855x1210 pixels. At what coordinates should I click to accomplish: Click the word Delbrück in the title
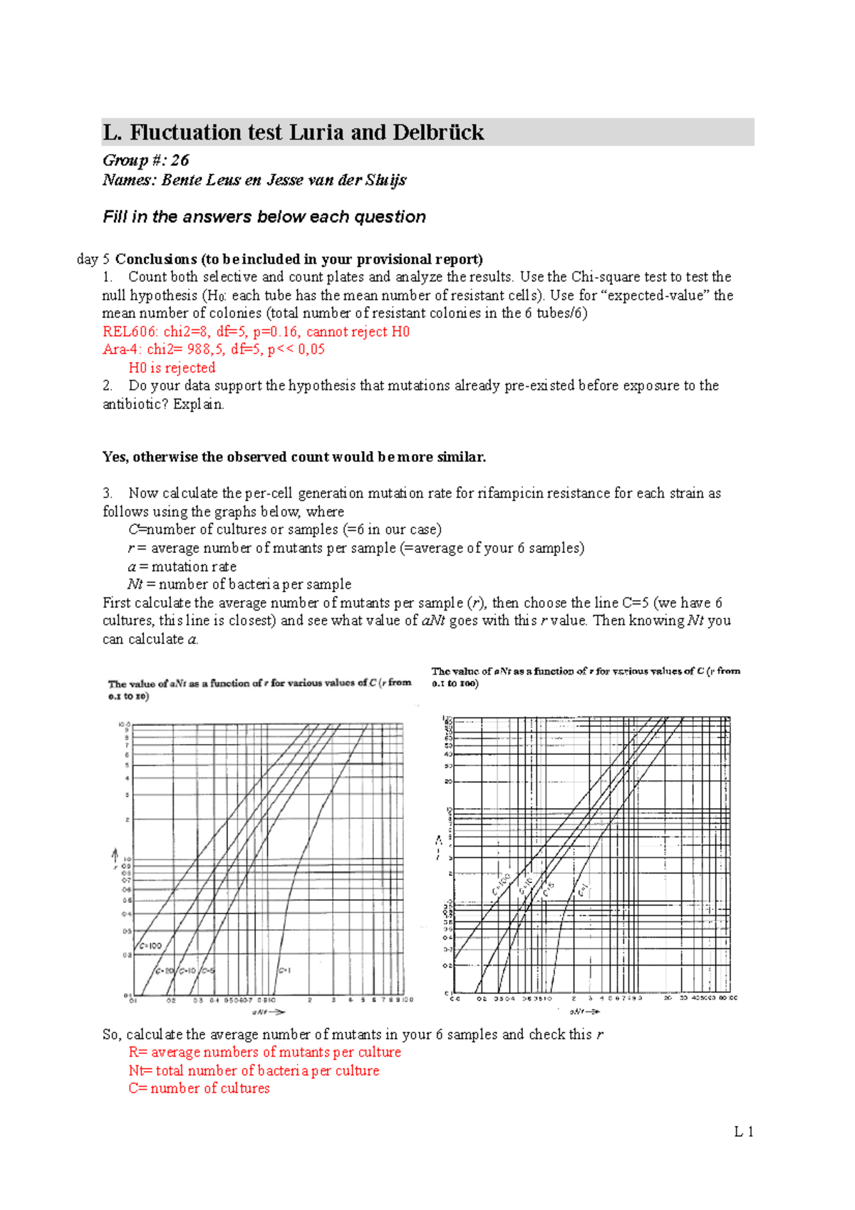click(x=437, y=133)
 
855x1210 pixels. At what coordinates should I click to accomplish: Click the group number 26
click(x=180, y=160)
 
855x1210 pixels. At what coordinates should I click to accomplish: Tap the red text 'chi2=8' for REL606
click(x=187, y=331)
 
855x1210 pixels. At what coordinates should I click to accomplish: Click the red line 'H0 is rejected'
click(x=172, y=368)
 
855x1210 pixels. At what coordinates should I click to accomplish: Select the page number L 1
click(x=744, y=1132)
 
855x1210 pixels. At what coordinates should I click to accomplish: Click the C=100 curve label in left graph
click(x=150, y=946)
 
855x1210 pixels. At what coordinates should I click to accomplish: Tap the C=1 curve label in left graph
click(x=284, y=970)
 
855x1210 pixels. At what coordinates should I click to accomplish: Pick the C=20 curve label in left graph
click(x=165, y=971)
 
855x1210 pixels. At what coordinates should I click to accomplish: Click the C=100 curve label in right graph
click(x=501, y=883)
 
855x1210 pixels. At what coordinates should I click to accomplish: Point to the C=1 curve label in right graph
click(x=583, y=891)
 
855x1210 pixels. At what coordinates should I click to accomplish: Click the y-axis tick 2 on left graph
click(x=128, y=819)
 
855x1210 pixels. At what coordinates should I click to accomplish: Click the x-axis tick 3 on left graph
click(x=333, y=1000)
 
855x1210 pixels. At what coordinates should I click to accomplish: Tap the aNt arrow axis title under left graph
click(x=268, y=1012)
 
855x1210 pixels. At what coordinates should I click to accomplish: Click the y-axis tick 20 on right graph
click(x=448, y=782)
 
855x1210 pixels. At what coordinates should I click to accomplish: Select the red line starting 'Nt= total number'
click(x=254, y=1070)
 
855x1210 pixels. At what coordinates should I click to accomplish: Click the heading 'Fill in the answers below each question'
click(x=264, y=217)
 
